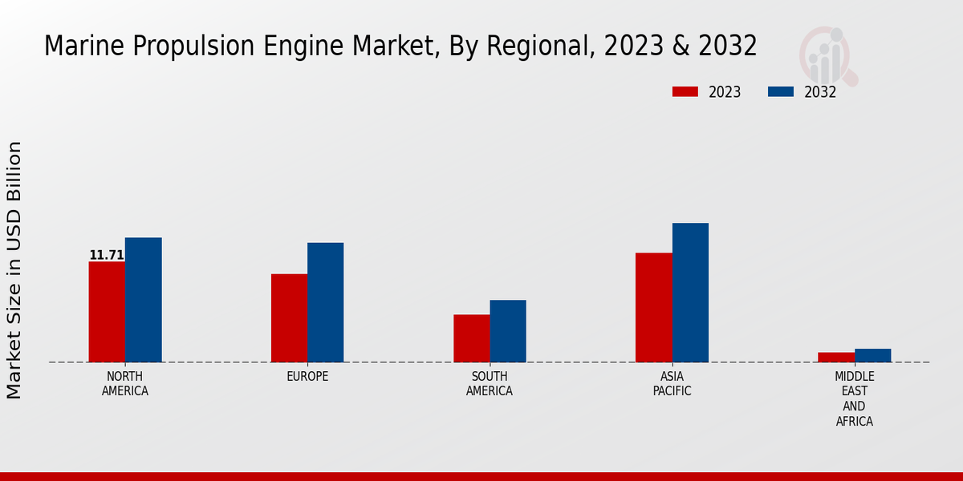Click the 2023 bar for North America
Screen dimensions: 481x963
(x=107, y=312)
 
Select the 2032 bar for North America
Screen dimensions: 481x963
(x=143, y=300)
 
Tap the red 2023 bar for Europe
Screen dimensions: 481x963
(x=289, y=318)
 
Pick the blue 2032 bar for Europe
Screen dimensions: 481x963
(x=325, y=302)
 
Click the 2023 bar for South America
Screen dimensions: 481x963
(x=471, y=338)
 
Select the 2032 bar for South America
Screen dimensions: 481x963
(x=508, y=331)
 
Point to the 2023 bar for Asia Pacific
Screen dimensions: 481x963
(x=653, y=308)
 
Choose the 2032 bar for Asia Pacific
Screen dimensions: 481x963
(x=690, y=293)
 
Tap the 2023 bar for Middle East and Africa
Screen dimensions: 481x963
(x=836, y=358)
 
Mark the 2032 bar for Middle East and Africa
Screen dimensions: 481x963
(x=872, y=355)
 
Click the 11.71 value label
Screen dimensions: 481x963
(x=106, y=255)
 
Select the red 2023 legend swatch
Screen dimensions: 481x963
(x=685, y=91)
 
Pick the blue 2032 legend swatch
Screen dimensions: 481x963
(x=780, y=91)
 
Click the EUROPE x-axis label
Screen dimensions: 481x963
(x=307, y=377)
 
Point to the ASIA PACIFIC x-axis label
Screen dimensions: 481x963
(x=672, y=384)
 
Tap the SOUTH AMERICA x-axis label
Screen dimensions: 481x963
(x=490, y=384)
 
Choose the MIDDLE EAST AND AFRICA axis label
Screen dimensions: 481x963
(x=854, y=398)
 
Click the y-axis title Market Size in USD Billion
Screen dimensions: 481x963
(x=14, y=269)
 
